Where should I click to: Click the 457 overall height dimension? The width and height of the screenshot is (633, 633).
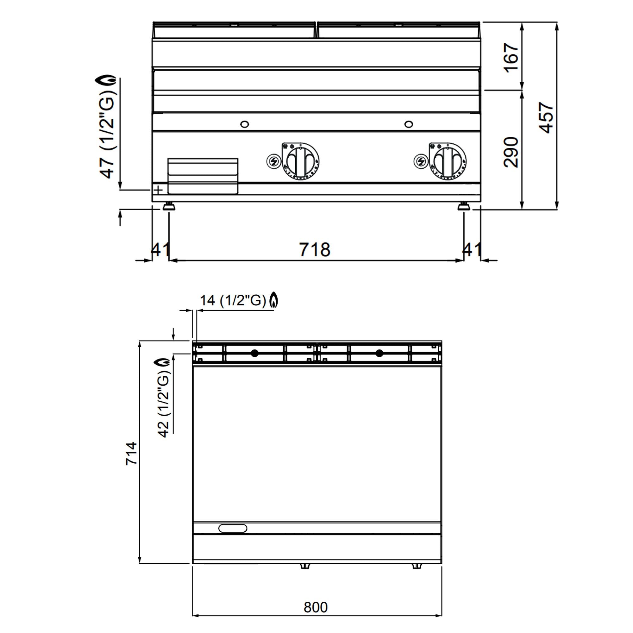tap(547, 118)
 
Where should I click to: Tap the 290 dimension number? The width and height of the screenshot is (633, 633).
tap(511, 152)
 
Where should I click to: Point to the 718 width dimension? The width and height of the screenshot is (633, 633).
tap(315, 250)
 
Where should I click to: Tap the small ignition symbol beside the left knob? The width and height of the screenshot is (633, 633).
tap(273, 161)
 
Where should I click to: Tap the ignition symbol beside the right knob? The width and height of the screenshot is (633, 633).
tap(421, 161)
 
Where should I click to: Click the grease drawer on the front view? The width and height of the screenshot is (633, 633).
tap(203, 176)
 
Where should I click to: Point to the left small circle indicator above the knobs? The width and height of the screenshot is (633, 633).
tap(244, 124)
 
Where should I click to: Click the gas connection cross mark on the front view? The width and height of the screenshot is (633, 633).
tap(158, 190)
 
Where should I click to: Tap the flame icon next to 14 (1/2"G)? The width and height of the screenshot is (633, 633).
tap(273, 300)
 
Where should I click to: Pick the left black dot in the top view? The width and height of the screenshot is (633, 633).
tap(254, 353)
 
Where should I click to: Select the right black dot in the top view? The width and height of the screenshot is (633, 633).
tap(379, 353)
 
